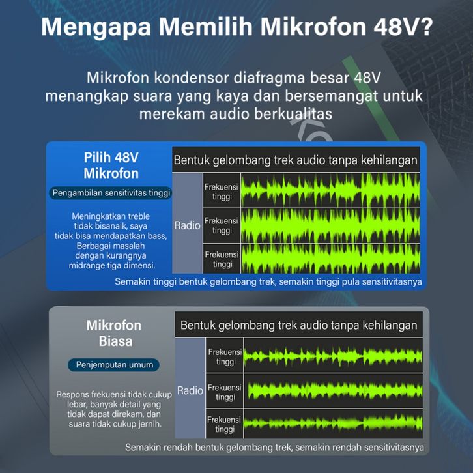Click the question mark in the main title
pyautogui.click(x=425, y=27)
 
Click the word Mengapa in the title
pyautogui.click(x=96, y=28)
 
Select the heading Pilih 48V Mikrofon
pyautogui.click(x=111, y=165)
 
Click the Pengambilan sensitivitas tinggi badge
pyautogui.click(x=111, y=193)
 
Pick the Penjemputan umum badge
pyautogui.click(x=114, y=365)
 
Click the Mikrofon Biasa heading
pyautogui.click(x=114, y=334)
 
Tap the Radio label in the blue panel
pyautogui.click(x=187, y=225)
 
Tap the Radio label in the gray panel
pyautogui.click(x=190, y=390)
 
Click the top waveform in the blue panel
pyautogui.click(x=330, y=190)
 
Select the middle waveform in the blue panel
pyautogui.click(x=330, y=225)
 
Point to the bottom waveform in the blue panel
pyautogui.click(x=330, y=259)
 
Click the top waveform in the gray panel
pyautogui.click(x=333, y=355)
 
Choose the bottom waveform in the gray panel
pyautogui.click(x=333, y=424)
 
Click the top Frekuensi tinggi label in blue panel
pyautogui.click(x=222, y=192)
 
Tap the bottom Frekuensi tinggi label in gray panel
pyautogui.click(x=224, y=424)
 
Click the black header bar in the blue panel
pyautogui.click(x=296, y=159)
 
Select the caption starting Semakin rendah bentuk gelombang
pyautogui.click(x=274, y=447)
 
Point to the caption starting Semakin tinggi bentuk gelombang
pyautogui.click(x=268, y=281)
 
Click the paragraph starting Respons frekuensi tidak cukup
pyautogui.click(x=114, y=409)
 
